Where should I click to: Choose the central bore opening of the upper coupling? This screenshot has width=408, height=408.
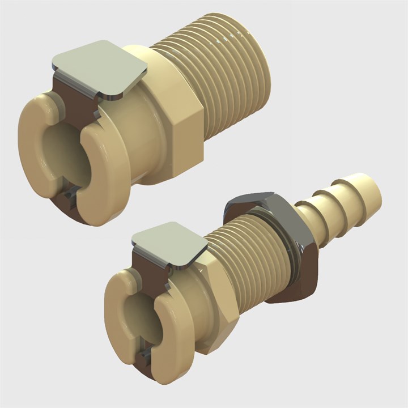(54, 153)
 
